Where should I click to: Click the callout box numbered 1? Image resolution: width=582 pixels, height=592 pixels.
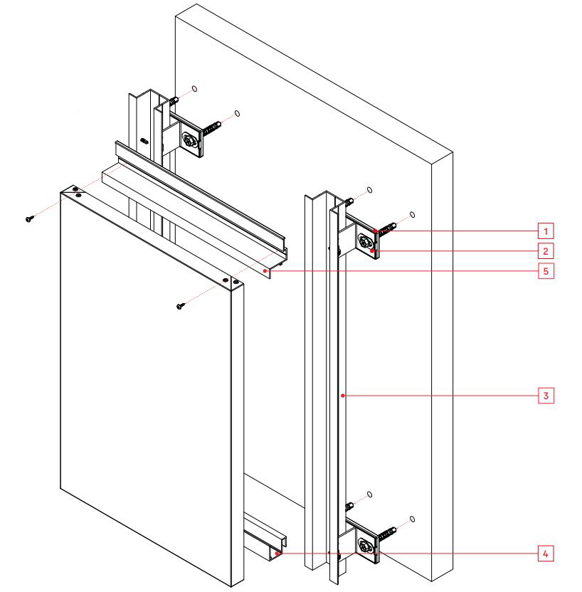point(544,231)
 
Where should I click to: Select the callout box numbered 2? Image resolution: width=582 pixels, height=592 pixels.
point(544,250)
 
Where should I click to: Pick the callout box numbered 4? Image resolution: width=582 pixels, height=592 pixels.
point(544,552)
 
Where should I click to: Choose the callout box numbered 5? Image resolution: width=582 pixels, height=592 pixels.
point(544,270)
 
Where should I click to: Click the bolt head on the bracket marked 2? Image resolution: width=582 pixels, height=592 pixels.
point(366,242)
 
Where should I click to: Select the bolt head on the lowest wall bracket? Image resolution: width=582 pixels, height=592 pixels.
point(366,546)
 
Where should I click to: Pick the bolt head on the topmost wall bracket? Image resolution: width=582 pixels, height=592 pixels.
point(190,141)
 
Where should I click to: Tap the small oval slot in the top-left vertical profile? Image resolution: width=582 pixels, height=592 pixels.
point(144,141)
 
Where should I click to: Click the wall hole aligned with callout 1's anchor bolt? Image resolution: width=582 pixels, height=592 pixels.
point(413,214)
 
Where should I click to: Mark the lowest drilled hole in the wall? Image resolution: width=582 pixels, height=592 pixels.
point(413,519)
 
